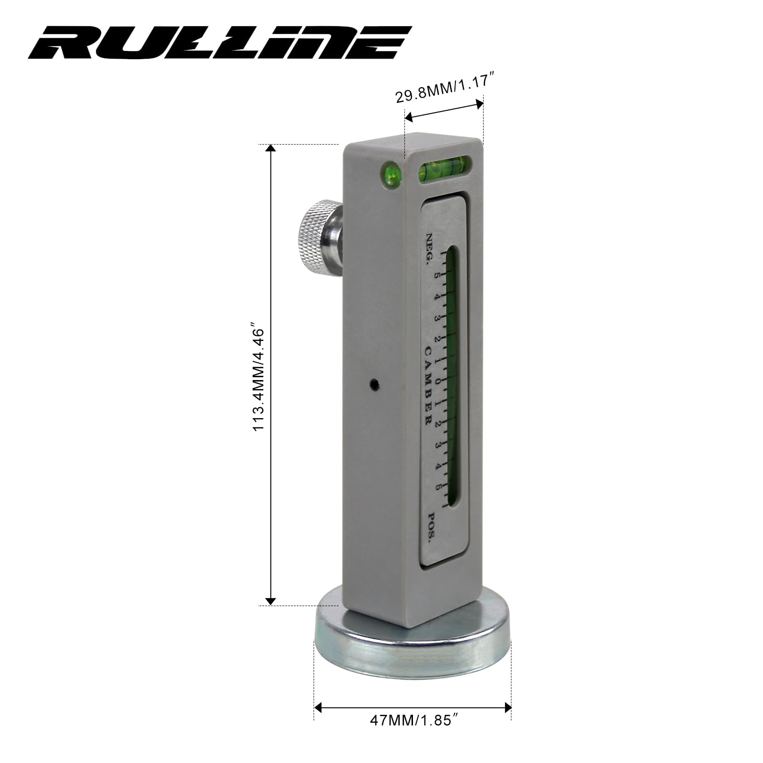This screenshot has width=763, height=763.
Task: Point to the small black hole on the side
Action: coord(375,383)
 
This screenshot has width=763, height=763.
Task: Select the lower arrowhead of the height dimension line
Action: coord(270,601)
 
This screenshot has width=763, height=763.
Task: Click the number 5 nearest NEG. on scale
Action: coord(435,275)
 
